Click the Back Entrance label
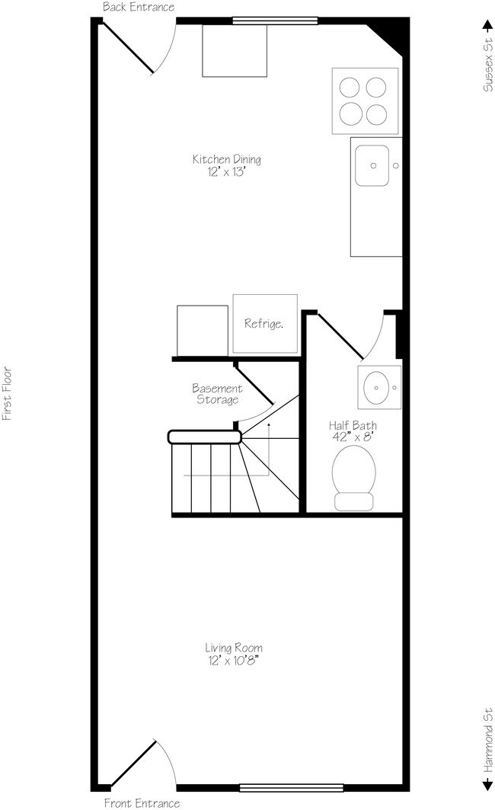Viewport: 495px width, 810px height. click(139, 7)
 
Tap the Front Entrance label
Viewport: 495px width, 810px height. click(142, 802)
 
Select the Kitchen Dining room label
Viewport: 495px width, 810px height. click(226, 159)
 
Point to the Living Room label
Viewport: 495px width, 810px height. click(238, 648)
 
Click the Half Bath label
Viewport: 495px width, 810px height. click(353, 425)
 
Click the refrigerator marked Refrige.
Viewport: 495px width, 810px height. click(264, 323)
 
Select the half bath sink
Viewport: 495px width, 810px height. click(378, 387)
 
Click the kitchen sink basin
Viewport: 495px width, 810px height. click(373, 165)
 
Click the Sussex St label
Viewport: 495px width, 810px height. click(486, 69)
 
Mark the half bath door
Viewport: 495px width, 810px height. click(340, 336)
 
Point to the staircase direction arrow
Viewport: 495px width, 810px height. click(268, 457)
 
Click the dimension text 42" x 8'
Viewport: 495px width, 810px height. click(353, 437)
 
